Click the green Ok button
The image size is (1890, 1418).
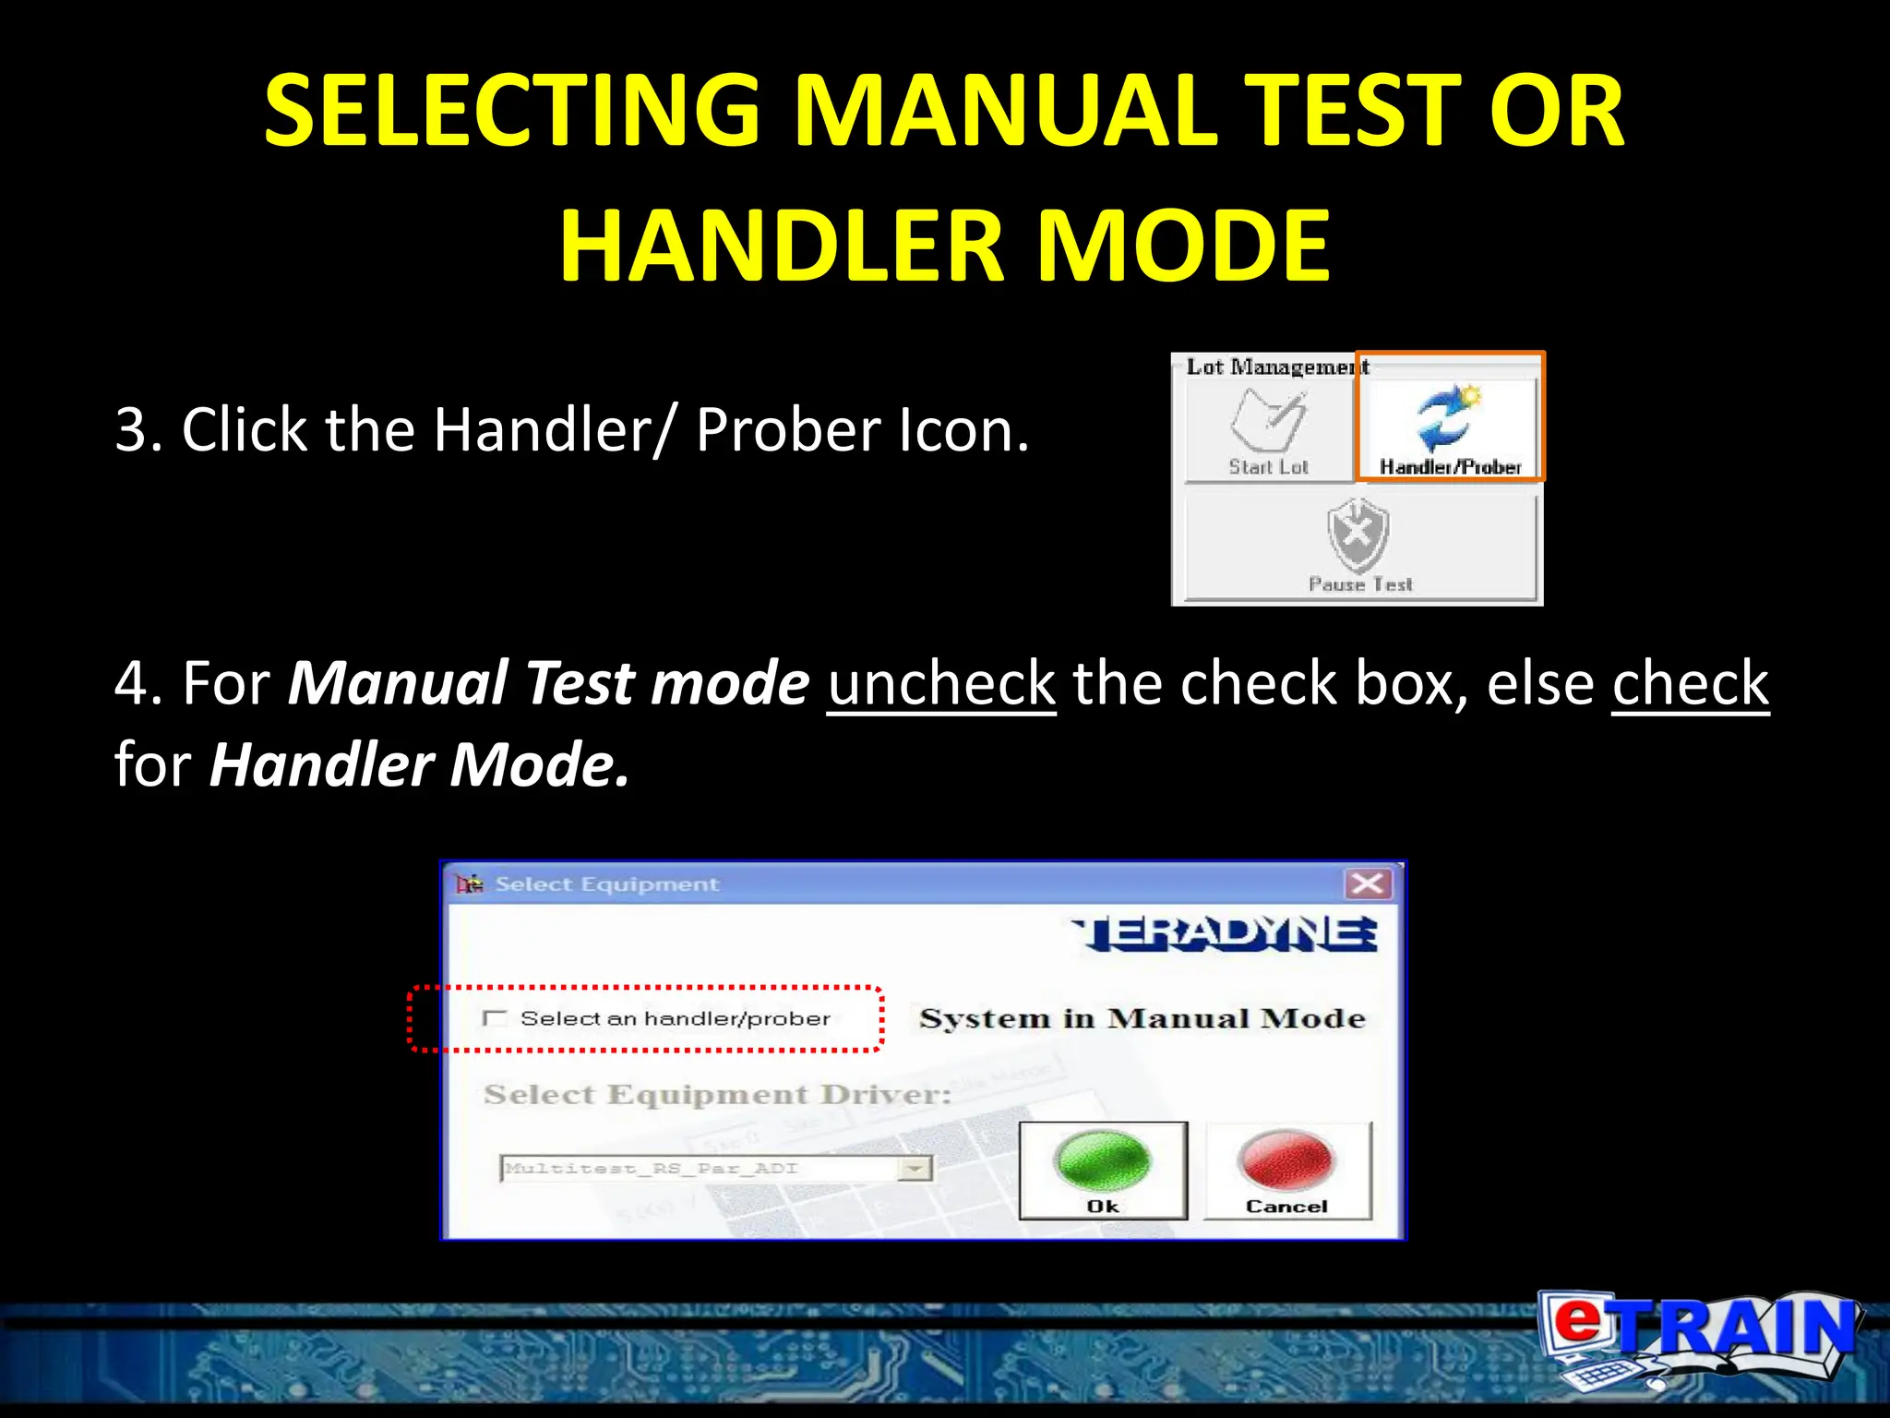coord(1103,1171)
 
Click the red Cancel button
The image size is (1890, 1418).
coord(1287,1171)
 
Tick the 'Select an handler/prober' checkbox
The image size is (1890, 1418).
coord(496,1018)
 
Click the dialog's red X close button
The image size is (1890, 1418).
coord(1367,883)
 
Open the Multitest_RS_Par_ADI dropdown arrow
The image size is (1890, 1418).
coord(915,1169)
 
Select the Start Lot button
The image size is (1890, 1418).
coord(1269,430)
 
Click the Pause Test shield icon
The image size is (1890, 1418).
coord(1358,535)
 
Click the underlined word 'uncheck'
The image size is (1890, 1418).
coord(940,683)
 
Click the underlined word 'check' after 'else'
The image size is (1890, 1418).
coord(1690,683)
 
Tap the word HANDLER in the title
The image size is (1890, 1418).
coord(782,246)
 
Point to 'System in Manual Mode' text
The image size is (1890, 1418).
coord(1142,1018)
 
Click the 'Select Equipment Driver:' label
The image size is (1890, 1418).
coord(717,1095)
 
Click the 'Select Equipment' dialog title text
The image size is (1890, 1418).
coord(606,884)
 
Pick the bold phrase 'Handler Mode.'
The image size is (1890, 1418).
coord(420,764)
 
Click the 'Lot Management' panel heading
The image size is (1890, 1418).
coord(1276,367)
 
